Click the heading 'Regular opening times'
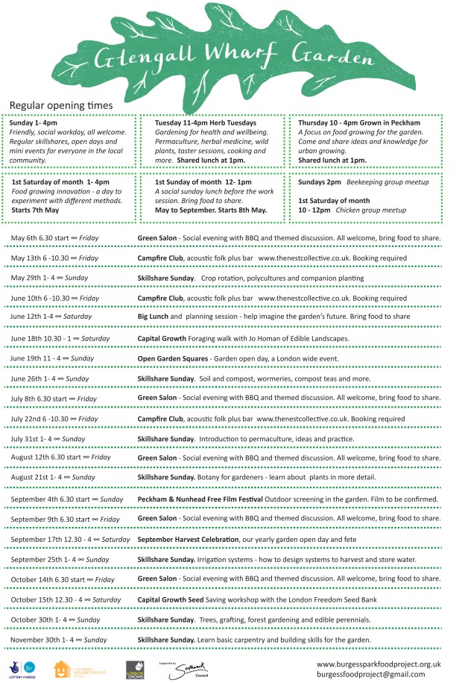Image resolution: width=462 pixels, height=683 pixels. [x=61, y=106]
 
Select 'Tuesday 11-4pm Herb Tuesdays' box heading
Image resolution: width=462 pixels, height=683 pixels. [x=205, y=122]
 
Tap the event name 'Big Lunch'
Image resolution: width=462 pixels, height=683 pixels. [x=152, y=317]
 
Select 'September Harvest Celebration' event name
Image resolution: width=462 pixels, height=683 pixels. [x=188, y=539]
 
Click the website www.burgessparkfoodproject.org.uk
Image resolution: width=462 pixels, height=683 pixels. [x=379, y=663]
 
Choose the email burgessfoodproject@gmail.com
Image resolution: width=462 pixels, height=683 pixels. [x=371, y=674]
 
